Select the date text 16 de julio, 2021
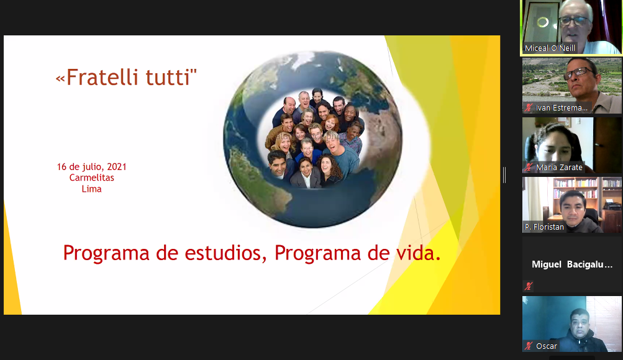coord(92,167)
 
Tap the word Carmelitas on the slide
coord(92,178)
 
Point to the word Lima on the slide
coord(92,189)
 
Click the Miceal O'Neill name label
coord(550,48)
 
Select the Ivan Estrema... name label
coord(562,107)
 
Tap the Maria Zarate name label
coord(559,168)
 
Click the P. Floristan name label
coord(544,227)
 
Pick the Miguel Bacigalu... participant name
coord(572,264)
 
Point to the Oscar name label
coord(547,346)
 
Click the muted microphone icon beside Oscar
coord(529,346)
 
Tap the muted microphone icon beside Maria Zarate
coord(529,167)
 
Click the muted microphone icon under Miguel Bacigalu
coord(529,286)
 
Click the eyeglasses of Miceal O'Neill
coord(574,20)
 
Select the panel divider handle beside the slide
coord(504,175)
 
